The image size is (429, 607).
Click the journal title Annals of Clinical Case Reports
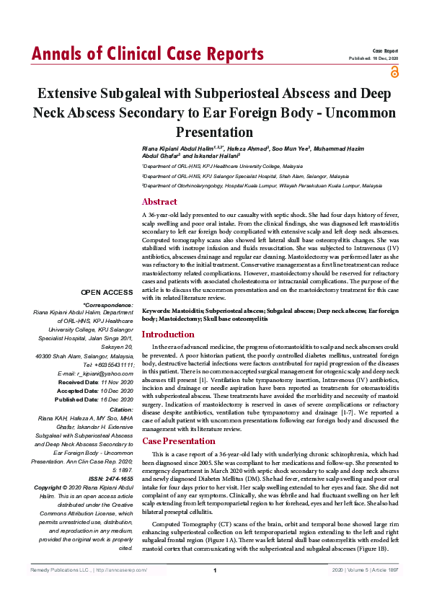tap(147, 54)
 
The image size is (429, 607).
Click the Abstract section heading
tap(159, 202)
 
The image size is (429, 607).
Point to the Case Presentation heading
tap(178, 440)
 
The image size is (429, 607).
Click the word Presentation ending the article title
tap(214, 132)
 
